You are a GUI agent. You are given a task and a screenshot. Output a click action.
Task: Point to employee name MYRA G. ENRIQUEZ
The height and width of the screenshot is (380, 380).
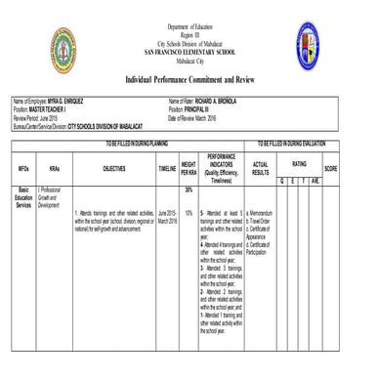(x=63, y=102)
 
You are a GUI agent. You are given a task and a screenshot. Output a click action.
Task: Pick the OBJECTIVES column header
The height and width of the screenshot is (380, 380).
(x=114, y=168)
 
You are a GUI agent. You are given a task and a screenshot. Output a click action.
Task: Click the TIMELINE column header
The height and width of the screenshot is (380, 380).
(x=167, y=168)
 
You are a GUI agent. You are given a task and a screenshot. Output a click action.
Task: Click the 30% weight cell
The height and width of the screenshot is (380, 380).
(x=189, y=190)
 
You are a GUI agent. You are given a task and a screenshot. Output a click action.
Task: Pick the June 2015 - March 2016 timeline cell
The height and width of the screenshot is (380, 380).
(x=167, y=216)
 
